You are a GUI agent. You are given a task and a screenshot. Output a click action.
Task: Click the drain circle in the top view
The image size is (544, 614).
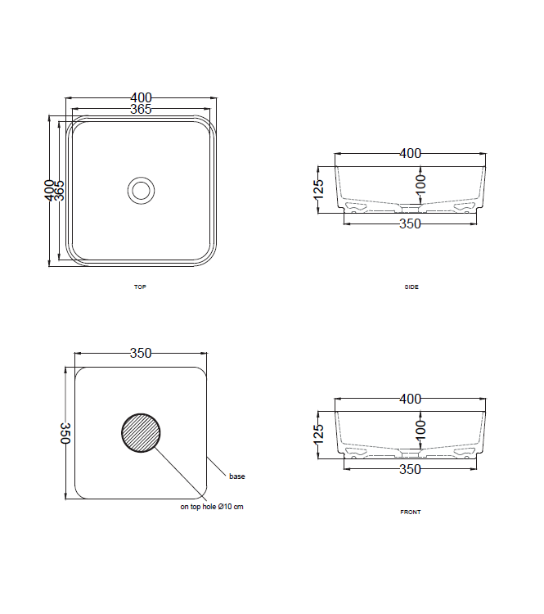coord(141,190)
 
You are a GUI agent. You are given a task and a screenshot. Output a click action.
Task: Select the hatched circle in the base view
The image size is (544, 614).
coord(142,432)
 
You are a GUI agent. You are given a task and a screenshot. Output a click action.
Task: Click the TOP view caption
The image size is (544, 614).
coord(140,287)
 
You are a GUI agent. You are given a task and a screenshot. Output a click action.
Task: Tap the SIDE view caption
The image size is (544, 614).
coord(411,287)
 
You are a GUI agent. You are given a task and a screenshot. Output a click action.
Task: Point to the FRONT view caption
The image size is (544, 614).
coord(411,512)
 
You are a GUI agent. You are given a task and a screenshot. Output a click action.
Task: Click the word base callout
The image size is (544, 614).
coord(237,476)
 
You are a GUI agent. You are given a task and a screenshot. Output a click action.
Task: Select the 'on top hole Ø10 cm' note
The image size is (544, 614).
coord(212,507)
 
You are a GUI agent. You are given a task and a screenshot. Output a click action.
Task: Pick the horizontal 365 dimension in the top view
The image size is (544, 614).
coord(141,110)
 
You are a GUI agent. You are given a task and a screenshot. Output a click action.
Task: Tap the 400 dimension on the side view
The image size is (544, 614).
coord(410,153)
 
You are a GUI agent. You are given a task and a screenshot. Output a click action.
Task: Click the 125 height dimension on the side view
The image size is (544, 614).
coord(319,189)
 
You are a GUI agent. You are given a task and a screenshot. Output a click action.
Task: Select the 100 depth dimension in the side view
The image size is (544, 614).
coord(420,183)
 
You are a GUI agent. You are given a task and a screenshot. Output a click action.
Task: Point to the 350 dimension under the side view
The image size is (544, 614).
coord(410,223)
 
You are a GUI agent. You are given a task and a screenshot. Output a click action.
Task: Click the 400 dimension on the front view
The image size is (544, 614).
coord(410,399)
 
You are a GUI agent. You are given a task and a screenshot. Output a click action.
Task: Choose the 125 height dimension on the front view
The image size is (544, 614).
coord(319,435)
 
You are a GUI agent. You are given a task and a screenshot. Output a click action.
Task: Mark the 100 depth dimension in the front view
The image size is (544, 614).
coord(420,429)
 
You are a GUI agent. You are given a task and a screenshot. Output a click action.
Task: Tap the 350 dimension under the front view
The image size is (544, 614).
coord(410,469)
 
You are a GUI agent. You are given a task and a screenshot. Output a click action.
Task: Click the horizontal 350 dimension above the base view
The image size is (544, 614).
coord(141,354)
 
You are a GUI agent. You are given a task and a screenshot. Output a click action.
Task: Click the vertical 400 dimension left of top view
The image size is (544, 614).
coord(49,190)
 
